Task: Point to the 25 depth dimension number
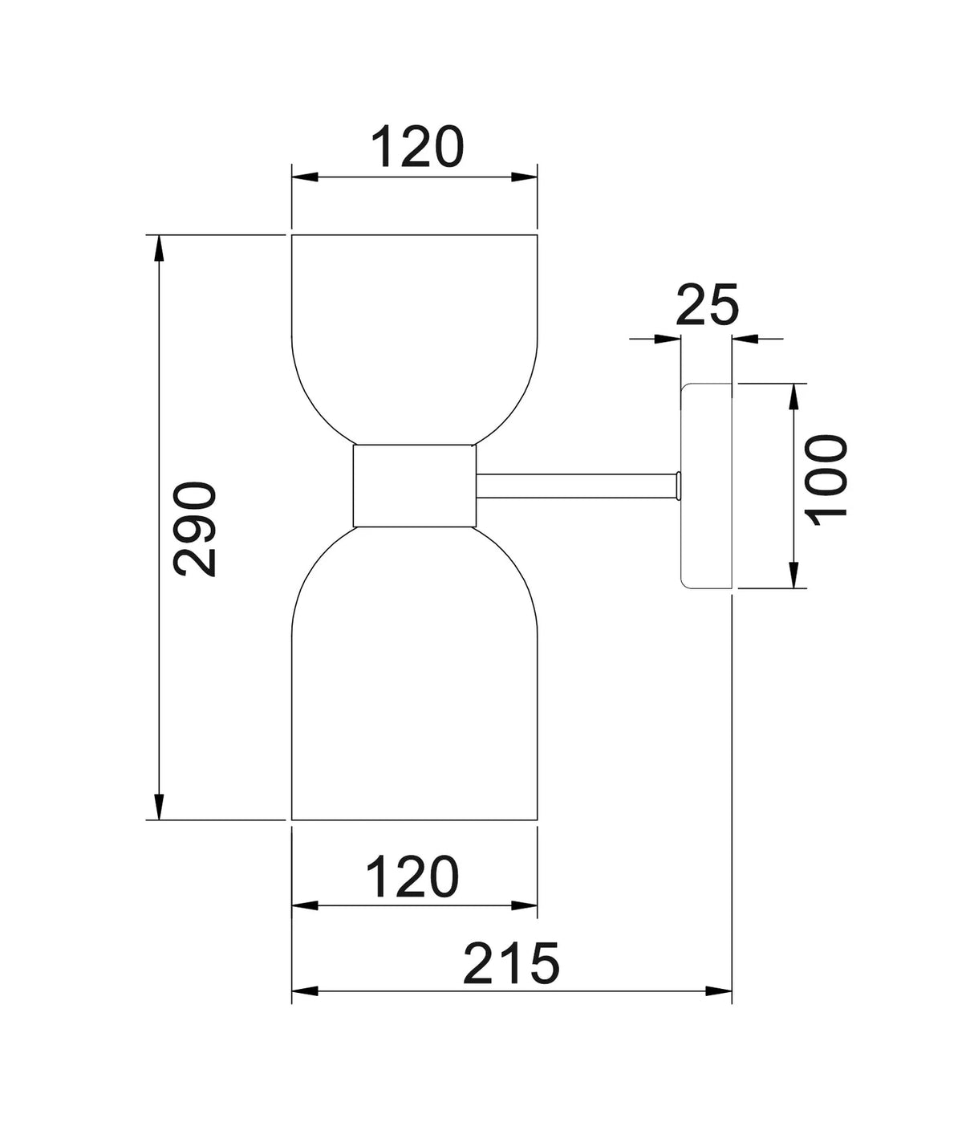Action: click(707, 306)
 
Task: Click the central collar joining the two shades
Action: click(414, 485)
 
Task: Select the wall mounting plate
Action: click(707, 486)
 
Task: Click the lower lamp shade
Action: click(414, 682)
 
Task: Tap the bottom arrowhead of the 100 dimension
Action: click(793, 576)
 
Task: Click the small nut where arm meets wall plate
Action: click(679, 486)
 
